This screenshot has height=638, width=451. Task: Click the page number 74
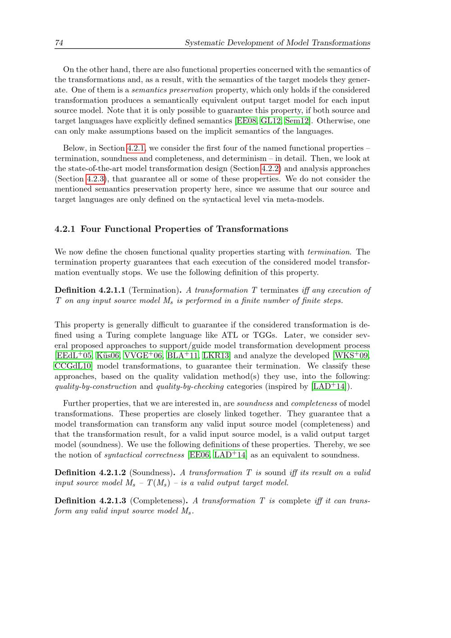coord(59,43)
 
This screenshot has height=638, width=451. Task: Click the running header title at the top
coord(277,43)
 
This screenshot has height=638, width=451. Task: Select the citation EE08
coord(246,121)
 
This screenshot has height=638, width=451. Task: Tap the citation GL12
coord(271,121)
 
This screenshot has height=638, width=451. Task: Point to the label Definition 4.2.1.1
coord(90,290)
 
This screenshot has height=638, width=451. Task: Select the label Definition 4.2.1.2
coord(90,473)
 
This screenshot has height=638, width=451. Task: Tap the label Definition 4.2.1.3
coord(90,501)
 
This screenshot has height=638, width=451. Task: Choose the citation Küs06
coord(108,356)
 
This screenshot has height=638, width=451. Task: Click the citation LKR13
coord(216,356)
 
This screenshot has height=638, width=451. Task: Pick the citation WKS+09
coord(351,356)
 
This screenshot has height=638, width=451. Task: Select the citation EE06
coord(199,455)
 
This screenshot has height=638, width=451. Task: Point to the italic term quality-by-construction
coord(96,387)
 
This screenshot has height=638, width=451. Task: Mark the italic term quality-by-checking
coord(190,387)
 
